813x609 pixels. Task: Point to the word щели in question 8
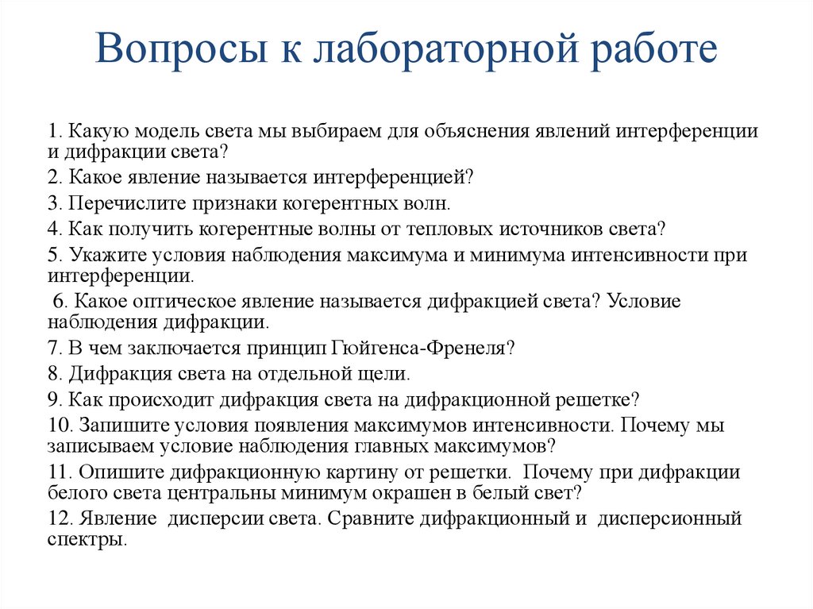tap(390, 372)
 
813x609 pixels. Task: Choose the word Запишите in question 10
tap(114, 424)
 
